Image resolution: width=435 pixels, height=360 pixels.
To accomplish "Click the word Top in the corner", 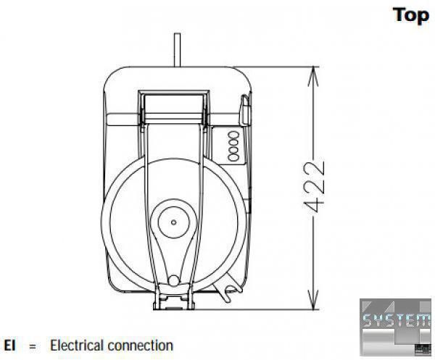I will tap(411, 15).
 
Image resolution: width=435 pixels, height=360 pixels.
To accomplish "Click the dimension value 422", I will tap(313, 187).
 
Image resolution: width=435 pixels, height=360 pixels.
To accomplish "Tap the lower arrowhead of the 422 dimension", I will tap(313, 304).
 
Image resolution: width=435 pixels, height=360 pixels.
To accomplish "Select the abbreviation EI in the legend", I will tap(10, 346).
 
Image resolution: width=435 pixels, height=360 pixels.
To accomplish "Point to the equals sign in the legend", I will tap(33, 346).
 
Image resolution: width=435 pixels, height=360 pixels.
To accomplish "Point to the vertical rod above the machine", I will tap(176, 51).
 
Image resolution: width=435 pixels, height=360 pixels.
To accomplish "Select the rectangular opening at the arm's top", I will tap(175, 104).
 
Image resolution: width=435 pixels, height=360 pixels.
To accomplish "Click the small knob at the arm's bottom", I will tap(173, 280).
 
